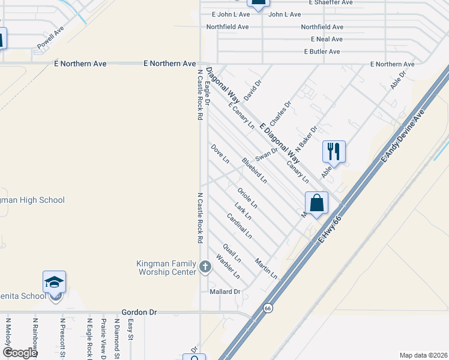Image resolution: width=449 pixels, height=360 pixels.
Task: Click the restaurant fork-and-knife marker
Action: tap(334, 152)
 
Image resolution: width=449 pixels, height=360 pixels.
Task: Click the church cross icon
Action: tap(205, 266)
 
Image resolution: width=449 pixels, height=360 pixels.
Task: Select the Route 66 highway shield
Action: tap(268, 308)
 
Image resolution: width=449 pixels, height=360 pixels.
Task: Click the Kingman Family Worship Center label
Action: tap(166, 268)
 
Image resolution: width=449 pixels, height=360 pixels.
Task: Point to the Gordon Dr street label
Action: tap(139, 312)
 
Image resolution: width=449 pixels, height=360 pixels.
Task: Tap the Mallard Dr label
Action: tap(224, 292)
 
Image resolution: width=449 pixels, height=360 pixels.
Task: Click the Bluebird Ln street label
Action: tap(254, 170)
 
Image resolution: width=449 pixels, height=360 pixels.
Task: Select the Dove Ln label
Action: tap(220, 154)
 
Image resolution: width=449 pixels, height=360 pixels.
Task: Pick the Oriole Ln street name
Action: tap(247, 198)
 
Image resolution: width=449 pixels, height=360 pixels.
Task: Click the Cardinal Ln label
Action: tap(240, 226)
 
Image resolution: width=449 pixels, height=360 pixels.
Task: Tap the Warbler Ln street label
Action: tap(228, 268)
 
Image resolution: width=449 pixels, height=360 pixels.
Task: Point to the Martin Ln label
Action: tap(266, 268)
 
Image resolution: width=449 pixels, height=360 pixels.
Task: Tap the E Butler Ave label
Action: tap(322, 52)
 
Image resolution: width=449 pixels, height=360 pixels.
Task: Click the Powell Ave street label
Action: tap(50, 38)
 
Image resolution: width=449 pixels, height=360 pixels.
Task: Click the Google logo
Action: tap(20, 353)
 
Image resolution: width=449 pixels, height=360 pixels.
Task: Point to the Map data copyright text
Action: tap(423, 355)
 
